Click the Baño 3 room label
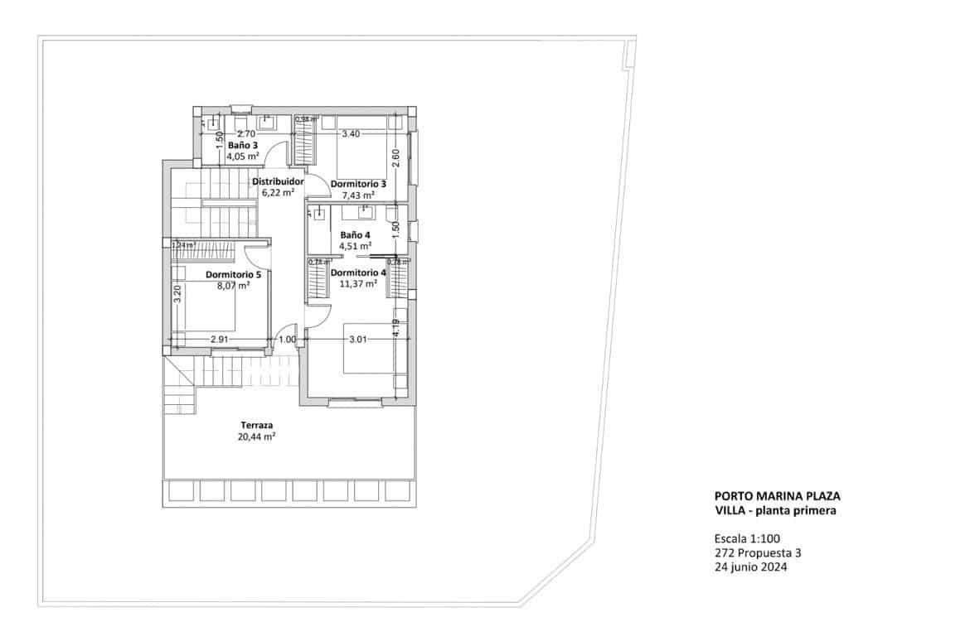click(242, 144)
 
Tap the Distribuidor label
click(278, 181)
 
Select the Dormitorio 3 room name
click(358, 184)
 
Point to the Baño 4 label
click(355, 234)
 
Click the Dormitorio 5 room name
click(233, 275)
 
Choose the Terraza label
click(256, 424)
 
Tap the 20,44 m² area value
click(256, 436)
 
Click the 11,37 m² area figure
click(359, 283)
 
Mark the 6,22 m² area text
click(278, 192)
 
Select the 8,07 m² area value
click(233, 287)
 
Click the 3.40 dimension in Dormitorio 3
click(351, 133)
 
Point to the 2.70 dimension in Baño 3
click(245, 133)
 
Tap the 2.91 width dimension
click(220, 340)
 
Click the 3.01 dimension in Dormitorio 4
click(358, 340)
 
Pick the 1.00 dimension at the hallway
click(287, 340)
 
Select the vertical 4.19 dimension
click(396, 328)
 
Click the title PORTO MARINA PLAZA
click(777, 496)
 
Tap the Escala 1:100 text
click(747, 537)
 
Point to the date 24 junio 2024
click(750, 568)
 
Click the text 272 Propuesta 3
click(757, 552)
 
